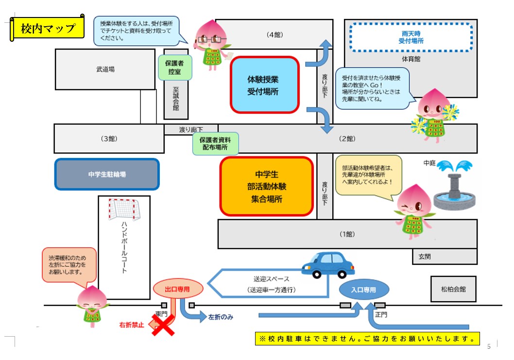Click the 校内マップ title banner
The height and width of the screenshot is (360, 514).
point(48,29)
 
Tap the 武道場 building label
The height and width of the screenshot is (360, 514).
point(105,69)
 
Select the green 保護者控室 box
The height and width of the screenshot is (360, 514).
point(175,68)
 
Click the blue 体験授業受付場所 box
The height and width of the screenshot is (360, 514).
point(265,85)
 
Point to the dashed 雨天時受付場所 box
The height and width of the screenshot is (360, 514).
point(411,37)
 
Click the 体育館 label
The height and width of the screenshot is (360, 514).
point(411,59)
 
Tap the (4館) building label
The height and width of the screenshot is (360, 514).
point(274,35)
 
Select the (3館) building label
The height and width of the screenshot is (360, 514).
point(109,138)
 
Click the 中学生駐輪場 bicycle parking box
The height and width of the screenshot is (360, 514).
point(107,174)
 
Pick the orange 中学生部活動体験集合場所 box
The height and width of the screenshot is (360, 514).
point(267,186)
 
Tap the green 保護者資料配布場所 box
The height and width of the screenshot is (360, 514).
point(215,144)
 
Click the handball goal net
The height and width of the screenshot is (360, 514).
point(124,209)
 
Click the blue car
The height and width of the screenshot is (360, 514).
point(328,265)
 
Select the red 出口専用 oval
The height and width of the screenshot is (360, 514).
point(178,289)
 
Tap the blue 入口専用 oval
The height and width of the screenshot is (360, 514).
point(364,290)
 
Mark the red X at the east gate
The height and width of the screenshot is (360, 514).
point(163,325)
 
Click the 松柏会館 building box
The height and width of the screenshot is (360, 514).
point(453,289)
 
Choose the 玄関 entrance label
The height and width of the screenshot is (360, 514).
point(425,257)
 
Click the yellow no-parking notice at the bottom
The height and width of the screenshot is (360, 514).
point(367,339)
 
